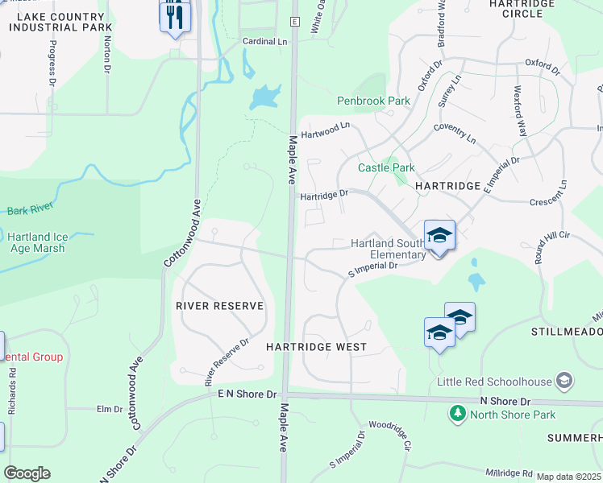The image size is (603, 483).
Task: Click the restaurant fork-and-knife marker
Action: pos(175,15)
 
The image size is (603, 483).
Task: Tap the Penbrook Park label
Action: pos(373,101)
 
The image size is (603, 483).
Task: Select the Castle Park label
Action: pos(386,168)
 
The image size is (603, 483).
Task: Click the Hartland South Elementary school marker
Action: pos(439,235)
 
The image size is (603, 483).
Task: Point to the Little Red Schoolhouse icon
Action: pos(564,380)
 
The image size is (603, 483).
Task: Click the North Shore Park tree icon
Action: pos(457,414)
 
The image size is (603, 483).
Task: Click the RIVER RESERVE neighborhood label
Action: pos(220,306)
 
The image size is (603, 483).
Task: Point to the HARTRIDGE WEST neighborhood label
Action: pos(316,347)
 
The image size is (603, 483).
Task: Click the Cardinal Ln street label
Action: pos(264,41)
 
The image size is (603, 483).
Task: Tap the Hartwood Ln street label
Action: pos(325,130)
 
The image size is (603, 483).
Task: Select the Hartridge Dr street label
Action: pos(323,194)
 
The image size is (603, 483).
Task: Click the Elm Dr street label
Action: pos(109,409)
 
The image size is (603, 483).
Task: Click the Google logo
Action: pos(27,473)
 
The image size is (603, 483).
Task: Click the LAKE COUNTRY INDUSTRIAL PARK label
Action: pos(60,21)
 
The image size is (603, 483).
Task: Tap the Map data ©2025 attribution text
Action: pos(569,477)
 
